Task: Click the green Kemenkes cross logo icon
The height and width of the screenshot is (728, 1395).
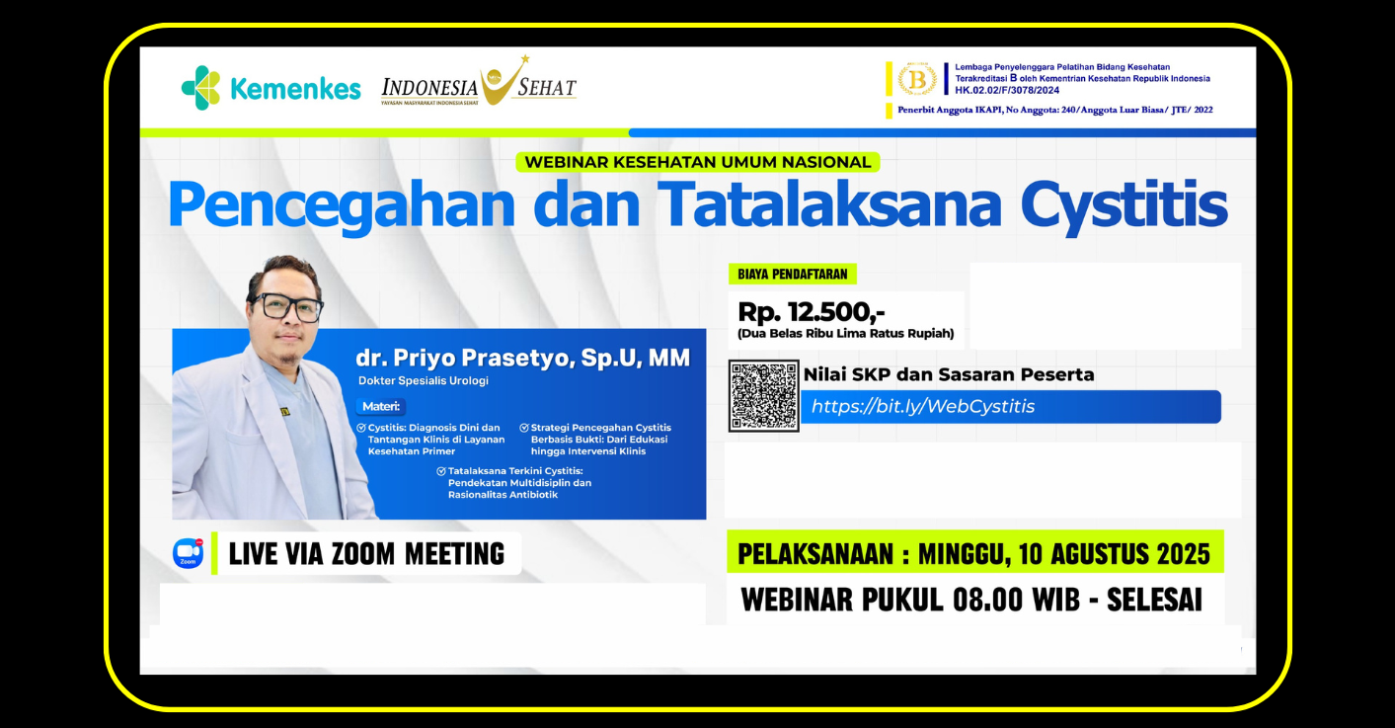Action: [x=200, y=88]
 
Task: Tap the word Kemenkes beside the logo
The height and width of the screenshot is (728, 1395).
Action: [x=296, y=89]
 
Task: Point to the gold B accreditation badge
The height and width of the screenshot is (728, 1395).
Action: [x=917, y=79]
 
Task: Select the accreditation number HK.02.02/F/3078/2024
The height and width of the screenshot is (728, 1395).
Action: [x=1007, y=90]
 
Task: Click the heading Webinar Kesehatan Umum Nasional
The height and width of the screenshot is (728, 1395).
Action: [x=697, y=162]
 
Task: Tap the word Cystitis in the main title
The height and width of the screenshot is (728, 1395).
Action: [x=1124, y=205]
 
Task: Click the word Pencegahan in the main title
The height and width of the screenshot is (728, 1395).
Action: [x=342, y=205]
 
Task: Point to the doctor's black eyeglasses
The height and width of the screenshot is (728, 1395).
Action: [x=287, y=306]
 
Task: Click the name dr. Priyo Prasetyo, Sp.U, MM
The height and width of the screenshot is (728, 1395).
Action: [x=522, y=358]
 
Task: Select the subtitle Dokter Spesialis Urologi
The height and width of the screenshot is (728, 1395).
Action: [x=424, y=381]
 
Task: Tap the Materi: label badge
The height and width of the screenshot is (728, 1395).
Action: [x=380, y=406]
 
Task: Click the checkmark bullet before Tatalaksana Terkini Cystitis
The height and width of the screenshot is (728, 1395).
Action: [x=441, y=471]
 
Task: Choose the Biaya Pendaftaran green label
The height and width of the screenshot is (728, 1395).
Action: [x=792, y=275]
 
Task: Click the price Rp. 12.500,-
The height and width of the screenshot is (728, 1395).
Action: [x=811, y=311]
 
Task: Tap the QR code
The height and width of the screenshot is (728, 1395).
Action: [x=764, y=396]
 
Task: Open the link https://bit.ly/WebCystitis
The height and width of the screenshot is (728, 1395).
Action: [x=922, y=406]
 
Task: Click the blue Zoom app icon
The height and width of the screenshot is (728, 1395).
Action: [x=189, y=553]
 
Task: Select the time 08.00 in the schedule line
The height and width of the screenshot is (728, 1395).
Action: [x=987, y=600]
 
